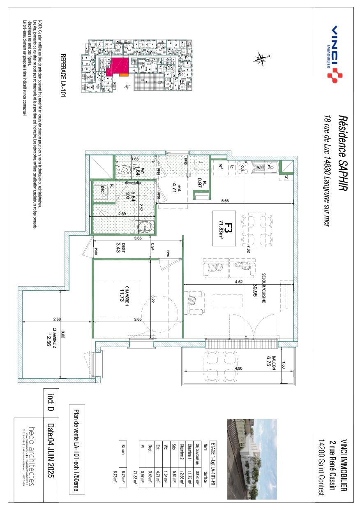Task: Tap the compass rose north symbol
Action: click(x=261, y=59)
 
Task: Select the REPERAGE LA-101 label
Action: click(x=63, y=74)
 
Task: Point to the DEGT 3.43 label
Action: click(x=121, y=247)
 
